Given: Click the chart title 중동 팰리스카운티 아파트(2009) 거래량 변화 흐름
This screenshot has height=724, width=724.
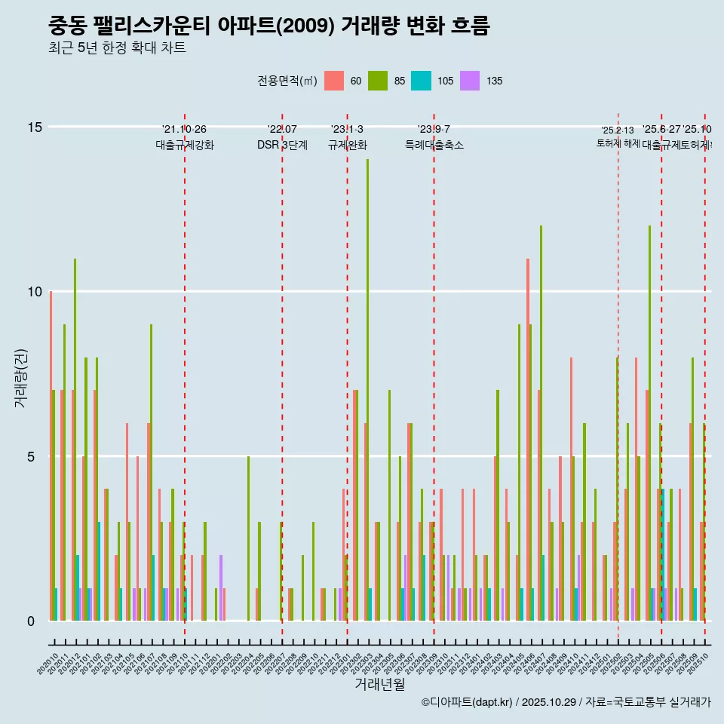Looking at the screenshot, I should (x=268, y=26).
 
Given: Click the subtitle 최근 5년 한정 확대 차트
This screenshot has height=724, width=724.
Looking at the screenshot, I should (x=117, y=48).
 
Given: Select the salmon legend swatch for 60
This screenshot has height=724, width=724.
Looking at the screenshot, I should (x=333, y=81).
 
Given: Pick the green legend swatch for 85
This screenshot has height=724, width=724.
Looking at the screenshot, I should (x=377, y=81).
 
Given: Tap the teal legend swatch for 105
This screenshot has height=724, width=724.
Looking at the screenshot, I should (x=421, y=81).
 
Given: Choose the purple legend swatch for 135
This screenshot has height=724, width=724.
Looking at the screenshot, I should (x=469, y=81).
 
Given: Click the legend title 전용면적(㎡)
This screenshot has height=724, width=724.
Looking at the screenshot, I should (x=287, y=81).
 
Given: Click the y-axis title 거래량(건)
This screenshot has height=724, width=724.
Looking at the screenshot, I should (x=20, y=377).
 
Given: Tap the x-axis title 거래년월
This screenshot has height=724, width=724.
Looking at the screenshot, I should (x=380, y=684).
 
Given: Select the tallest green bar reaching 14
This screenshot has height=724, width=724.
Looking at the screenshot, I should (x=368, y=377).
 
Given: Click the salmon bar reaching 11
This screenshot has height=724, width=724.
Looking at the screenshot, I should (x=528, y=437).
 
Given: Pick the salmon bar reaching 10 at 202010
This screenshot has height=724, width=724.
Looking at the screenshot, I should (x=51, y=452).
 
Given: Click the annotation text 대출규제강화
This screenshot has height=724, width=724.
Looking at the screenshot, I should (x=185, y=146).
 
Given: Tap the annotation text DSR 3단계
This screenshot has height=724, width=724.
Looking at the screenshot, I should (x=282, y=146).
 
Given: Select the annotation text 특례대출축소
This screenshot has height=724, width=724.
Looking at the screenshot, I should (x=434, y=146).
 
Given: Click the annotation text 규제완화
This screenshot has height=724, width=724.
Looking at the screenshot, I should (x=347, y=146).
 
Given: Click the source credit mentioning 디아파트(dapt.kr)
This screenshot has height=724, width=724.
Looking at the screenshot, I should (x=566, y=702).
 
